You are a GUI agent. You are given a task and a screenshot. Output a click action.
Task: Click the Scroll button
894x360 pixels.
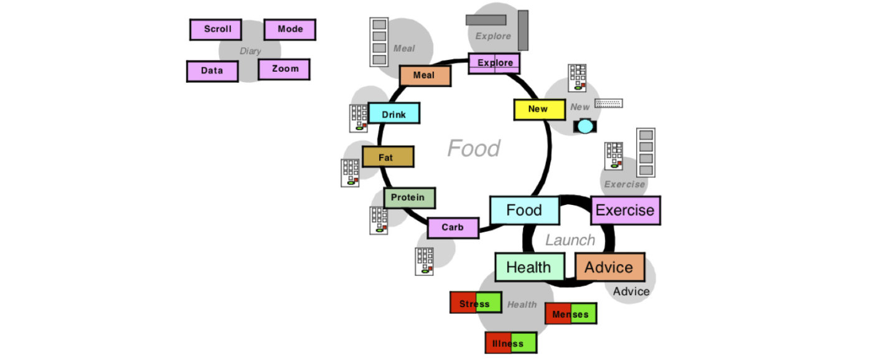(215, 29)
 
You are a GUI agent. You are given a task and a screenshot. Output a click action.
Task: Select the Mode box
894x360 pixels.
(289, 29)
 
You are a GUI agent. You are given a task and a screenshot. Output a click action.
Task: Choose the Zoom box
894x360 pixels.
(284, 69)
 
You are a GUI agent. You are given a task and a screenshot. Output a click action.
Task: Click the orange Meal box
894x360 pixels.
(425, 76)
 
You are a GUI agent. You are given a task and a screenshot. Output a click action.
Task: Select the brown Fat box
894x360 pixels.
(388, 156)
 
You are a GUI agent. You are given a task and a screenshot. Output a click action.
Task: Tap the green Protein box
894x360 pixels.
(410, 198)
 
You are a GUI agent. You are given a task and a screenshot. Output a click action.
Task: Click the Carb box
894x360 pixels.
(453, 228)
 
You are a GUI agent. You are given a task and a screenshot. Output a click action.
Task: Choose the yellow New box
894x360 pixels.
(540, 110)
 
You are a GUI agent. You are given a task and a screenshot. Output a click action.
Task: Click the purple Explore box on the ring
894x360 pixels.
(494, 64)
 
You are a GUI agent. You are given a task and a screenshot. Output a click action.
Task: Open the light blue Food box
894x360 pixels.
(524, 211)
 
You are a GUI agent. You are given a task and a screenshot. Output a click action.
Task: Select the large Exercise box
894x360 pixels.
(626, 211)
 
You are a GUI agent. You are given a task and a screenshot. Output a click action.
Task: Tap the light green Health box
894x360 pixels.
(530, 267)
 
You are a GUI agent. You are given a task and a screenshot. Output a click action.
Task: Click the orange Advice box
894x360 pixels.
(610, 267)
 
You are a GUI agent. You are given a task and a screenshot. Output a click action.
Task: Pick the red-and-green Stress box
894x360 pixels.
(476, 303)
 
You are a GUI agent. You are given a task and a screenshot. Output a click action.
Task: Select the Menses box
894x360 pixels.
(571, 313)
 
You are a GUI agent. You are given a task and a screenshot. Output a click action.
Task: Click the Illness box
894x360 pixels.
(511, 343)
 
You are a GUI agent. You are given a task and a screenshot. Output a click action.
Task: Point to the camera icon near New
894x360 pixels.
(585, 126)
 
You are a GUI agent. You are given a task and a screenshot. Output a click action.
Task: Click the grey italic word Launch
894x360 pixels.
(570, 240)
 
